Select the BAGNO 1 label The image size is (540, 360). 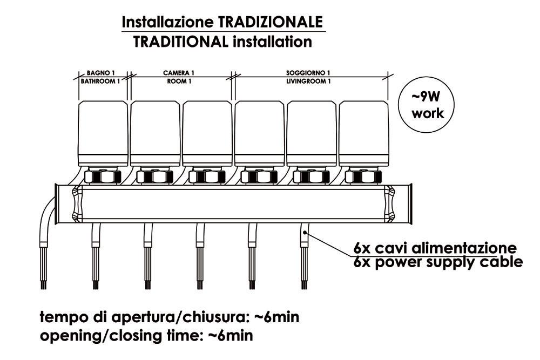point(100,72)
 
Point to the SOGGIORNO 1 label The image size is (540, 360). point(308,72)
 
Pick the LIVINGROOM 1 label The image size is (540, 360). point(308,81)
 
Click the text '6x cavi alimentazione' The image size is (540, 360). point(435,248)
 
